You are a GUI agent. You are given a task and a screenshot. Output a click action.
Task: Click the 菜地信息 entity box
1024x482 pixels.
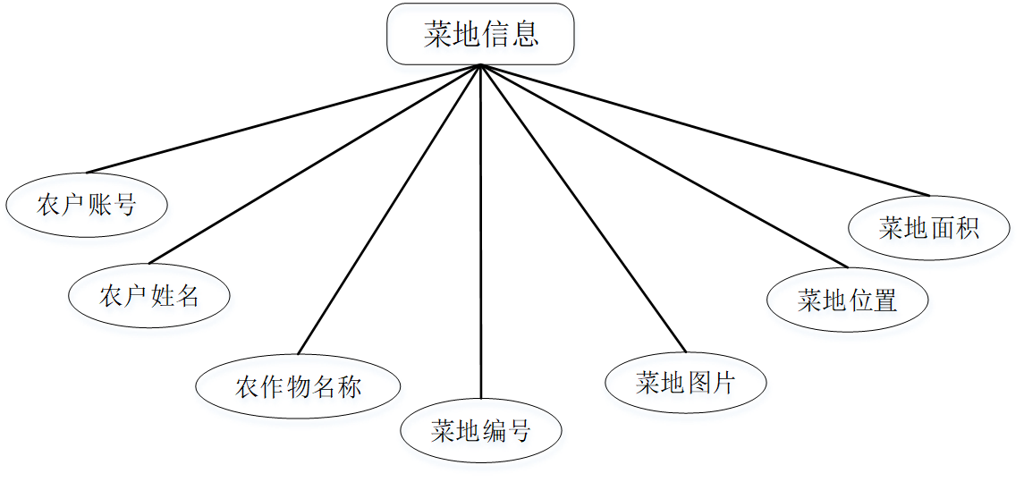click(480, 34)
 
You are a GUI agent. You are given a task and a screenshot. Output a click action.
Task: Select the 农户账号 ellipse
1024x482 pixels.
click(87, 205)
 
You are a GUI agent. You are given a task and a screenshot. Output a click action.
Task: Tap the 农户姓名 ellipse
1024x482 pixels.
click(149, 295)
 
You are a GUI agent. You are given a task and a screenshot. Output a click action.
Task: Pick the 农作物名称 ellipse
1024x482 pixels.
click(298, 387)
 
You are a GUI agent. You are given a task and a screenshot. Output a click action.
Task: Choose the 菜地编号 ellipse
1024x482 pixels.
click(481, 431)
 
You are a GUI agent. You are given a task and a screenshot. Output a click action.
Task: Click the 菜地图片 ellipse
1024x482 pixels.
click(686, 384)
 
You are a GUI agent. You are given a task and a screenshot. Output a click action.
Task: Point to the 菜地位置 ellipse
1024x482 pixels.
click(847, 300)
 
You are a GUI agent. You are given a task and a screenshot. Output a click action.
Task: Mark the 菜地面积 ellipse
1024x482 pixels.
click(929, 227)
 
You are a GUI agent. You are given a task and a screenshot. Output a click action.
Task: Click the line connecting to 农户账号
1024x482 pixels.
click(284, 119)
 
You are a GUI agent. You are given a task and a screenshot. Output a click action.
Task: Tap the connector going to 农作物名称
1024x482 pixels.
click(390, 208)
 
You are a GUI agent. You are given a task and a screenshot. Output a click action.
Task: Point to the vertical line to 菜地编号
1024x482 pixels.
click(481, 233)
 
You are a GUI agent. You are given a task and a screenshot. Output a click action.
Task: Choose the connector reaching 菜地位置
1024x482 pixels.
click(664, 165)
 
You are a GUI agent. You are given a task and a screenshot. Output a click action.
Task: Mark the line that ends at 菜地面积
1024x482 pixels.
click(706, 130)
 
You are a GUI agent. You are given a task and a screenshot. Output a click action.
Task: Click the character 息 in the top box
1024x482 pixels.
click(526, 34)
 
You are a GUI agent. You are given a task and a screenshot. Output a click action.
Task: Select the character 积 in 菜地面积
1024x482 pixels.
click(967, 228)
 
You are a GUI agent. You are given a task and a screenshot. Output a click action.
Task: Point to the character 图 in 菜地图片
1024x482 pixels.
click(698, 384)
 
